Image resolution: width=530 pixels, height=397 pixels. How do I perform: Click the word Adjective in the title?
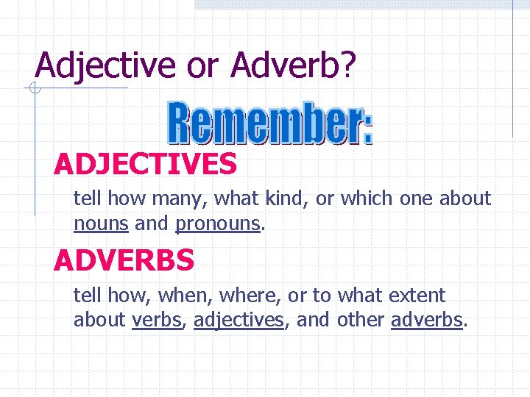tap(107, 65)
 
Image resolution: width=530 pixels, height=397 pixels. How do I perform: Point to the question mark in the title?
tap(348, 65)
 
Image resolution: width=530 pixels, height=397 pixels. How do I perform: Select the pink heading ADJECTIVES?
tap(145, 164)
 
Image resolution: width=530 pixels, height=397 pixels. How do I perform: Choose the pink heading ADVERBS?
tap(124, 260)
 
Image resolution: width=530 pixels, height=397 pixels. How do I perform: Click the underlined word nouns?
tap(102, 223)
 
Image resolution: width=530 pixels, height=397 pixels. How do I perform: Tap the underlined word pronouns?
tap(218, 223)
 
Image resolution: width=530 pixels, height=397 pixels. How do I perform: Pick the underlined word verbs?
tap(156, 320)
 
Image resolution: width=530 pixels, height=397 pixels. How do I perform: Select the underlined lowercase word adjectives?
tap(239, 320)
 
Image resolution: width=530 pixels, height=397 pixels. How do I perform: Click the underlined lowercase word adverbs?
tap(426, 320)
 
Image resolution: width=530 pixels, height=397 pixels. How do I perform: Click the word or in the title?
tap(202, 65)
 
